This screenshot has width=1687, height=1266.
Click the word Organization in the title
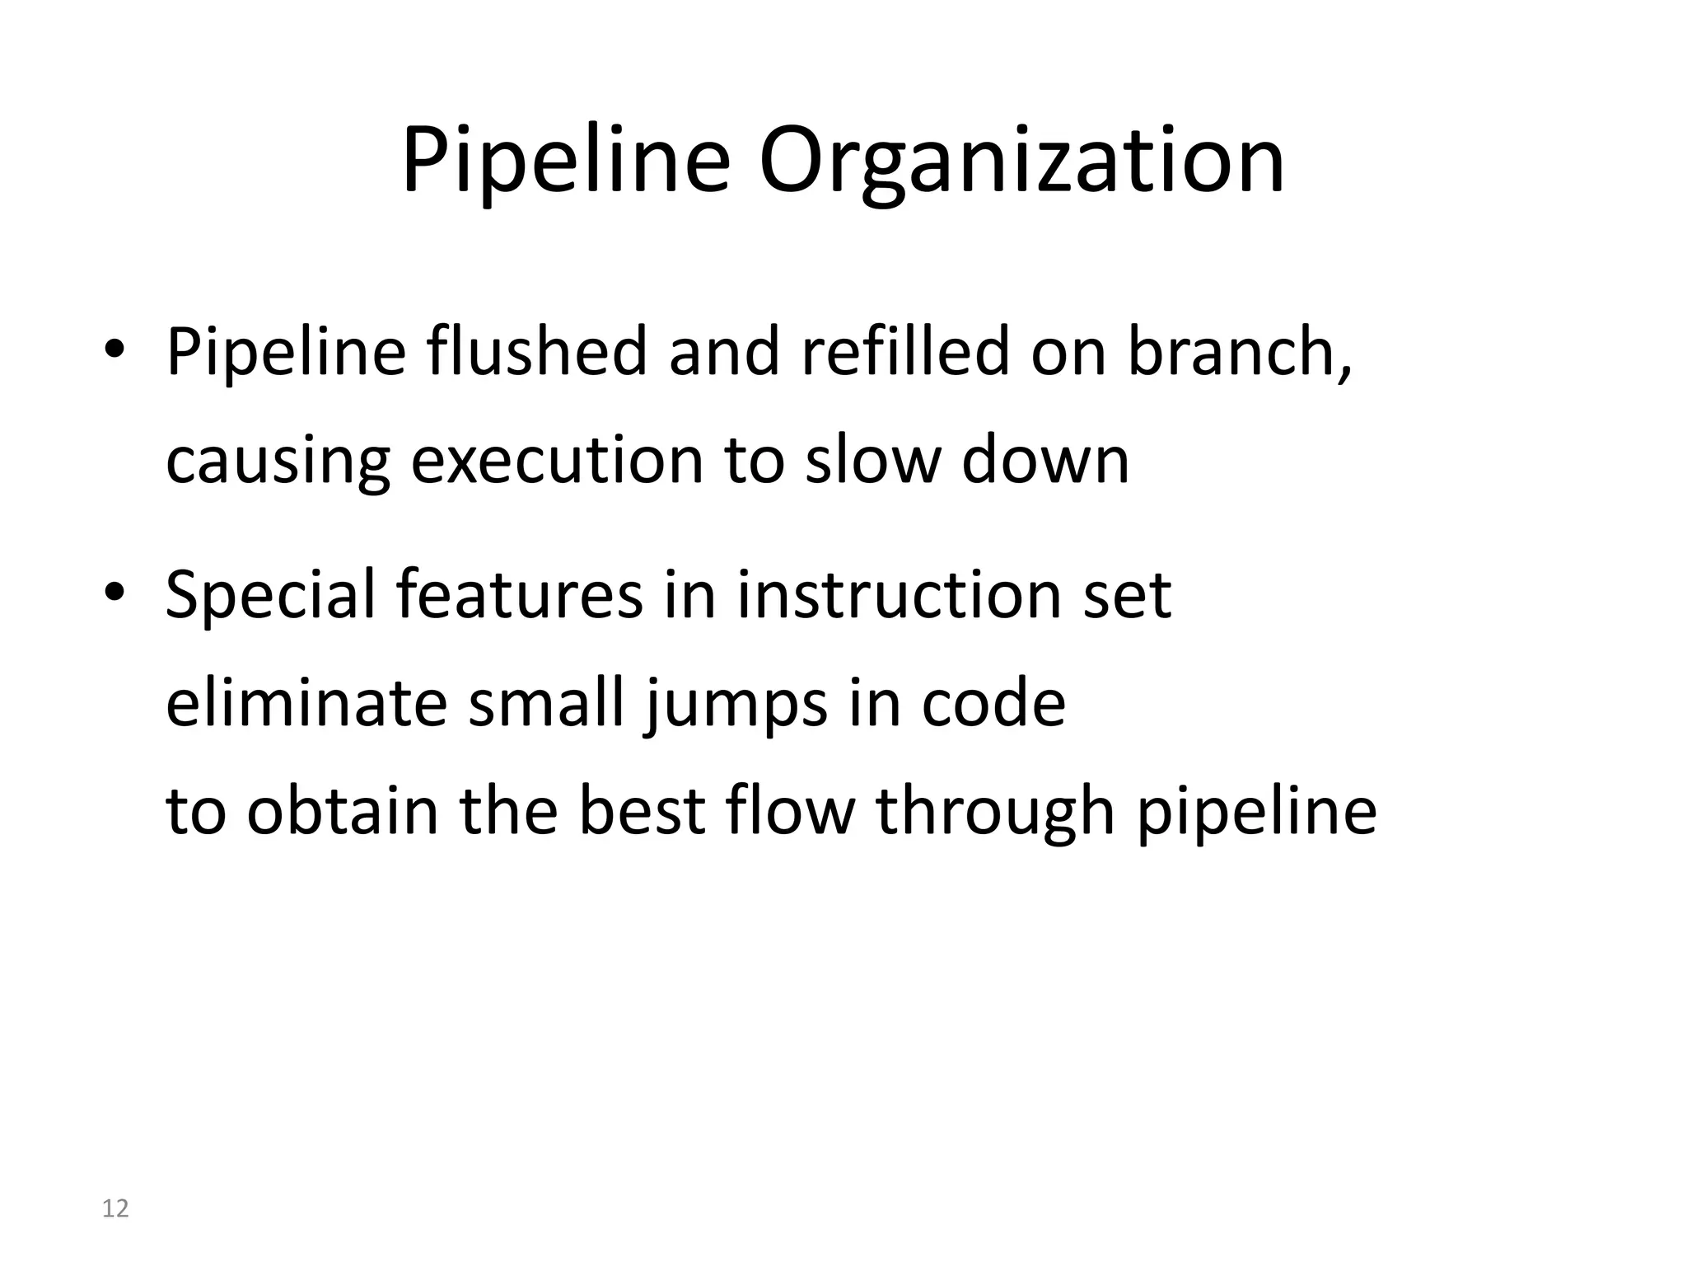point(1021,162)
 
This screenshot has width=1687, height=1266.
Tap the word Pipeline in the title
point(566,162)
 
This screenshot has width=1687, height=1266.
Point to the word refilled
point(904,352)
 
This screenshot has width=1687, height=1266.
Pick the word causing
point(278,462)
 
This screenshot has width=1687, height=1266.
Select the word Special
point(270,595)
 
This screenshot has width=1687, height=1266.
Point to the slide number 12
point(115,1209)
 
